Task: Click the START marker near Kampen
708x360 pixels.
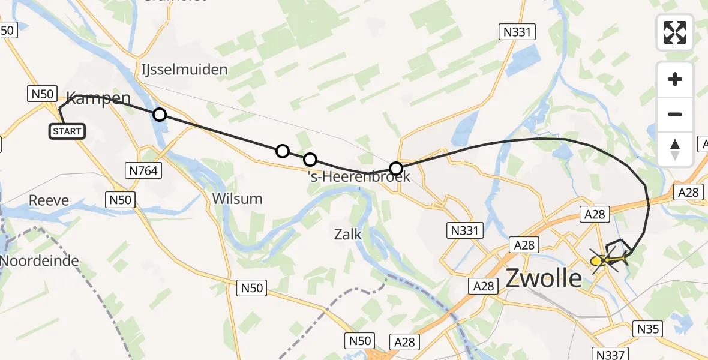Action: coord(68,131)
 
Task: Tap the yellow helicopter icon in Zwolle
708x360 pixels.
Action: coord(607,260)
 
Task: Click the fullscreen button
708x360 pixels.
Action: coord(675,32)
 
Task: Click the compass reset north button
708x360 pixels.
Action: coord(675,149)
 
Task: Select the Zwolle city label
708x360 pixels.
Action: coord(544,278)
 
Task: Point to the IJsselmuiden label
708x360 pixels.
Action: coord(185,69)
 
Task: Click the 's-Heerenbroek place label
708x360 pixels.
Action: coord(358,176)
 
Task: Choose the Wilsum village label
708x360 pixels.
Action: coord(238,199)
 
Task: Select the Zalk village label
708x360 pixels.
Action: coord(348,234)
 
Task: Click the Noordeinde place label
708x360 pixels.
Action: coord(40,261)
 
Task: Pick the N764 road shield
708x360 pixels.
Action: coord(143,171)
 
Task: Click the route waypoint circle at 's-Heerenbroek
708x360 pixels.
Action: coord(395,169)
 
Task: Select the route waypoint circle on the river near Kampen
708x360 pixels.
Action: coord(159,114)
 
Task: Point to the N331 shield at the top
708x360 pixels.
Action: coord(517,32)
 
